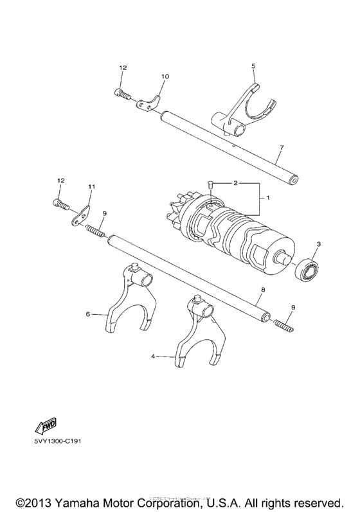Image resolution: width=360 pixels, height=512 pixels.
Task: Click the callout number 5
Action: coord(253,66)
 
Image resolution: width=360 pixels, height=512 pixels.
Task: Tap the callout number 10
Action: coord(165,76)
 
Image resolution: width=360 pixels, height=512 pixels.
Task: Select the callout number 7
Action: coord(281,147)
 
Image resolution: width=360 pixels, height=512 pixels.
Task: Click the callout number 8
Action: coord(263,290)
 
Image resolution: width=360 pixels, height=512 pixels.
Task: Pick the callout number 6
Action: coord(87,314)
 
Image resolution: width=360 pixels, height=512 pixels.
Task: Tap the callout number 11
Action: coord(91,186)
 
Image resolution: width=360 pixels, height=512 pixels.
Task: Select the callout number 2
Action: coord(236,183)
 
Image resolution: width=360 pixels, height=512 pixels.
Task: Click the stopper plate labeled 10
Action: coord(150,100)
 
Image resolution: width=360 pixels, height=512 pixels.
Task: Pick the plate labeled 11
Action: coord(82,215)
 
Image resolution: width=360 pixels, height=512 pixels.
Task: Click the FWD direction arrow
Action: coord(45,426)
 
